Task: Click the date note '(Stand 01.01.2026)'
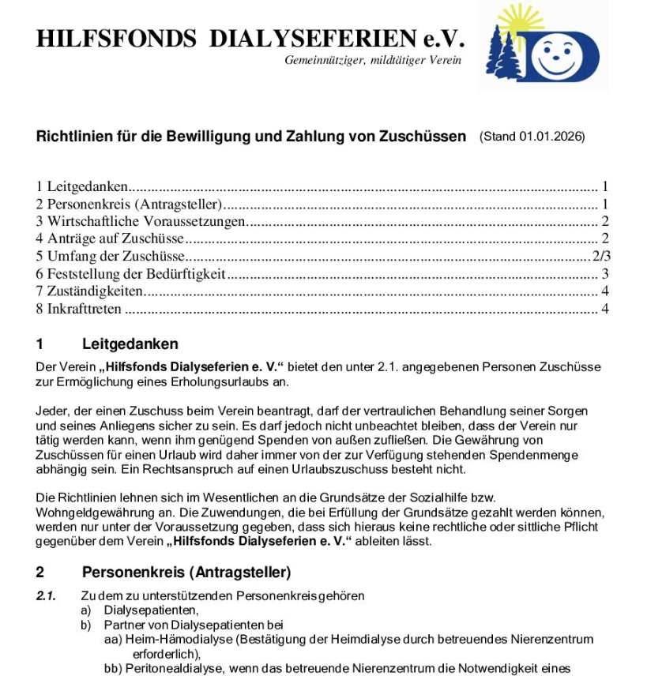(x=532, y=137)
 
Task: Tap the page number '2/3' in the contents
(x=602, y=256)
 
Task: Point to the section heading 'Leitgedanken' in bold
(x=130, y=344)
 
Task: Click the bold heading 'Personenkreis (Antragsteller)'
(x=186, y=572)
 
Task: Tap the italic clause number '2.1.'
(x=46, y=595)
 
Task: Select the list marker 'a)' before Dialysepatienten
(x=86, y=610)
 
